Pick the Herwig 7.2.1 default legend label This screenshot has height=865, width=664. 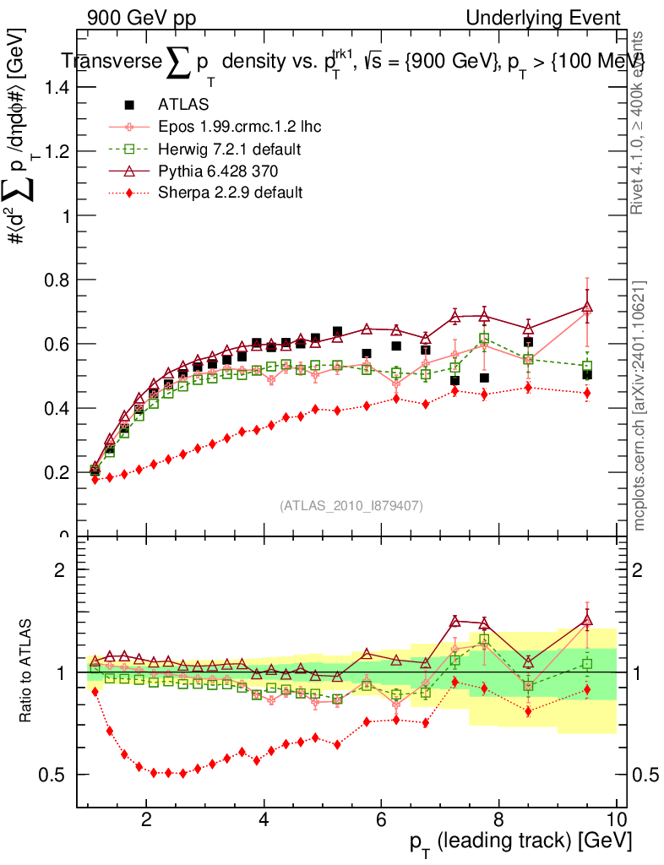point(230,149)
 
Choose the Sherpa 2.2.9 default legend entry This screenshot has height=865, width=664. point(230,193)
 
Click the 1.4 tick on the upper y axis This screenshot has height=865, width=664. point(57,87)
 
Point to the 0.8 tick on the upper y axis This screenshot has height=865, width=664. point(57,280)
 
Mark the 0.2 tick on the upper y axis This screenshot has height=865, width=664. point(57,472)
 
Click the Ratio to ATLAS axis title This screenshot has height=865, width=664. point(28,672)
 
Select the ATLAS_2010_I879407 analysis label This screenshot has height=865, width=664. point(351,505)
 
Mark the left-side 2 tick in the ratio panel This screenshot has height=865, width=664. point(59,569)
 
